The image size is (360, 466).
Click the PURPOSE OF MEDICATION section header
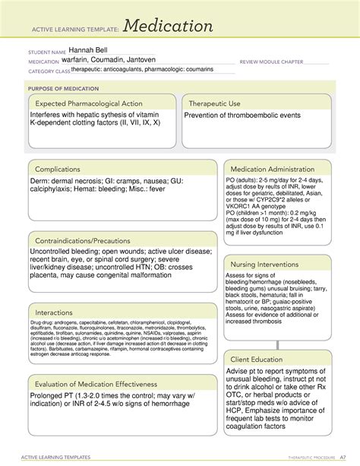click(63, 88)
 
